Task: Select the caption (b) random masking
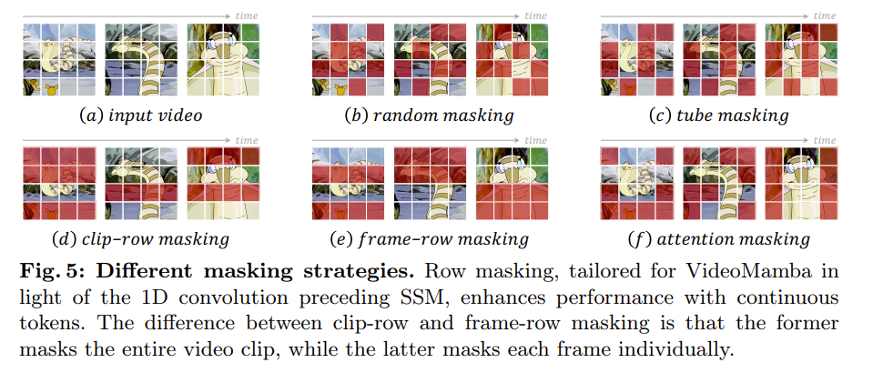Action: [429, 116]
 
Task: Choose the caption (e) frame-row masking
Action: [430, 240]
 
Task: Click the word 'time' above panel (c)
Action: [824, 15]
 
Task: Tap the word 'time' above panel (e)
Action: [536, 140]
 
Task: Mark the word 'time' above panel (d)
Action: [246, 140]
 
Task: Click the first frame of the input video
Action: [58, 59]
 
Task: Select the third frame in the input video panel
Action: [221, 59]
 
